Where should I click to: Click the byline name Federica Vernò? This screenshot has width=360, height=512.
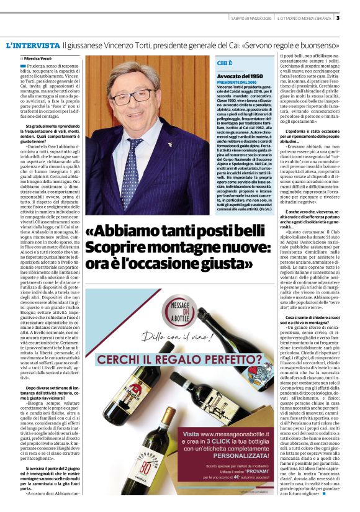click(41, 58)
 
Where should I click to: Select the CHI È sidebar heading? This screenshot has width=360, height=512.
click(225, 63)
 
